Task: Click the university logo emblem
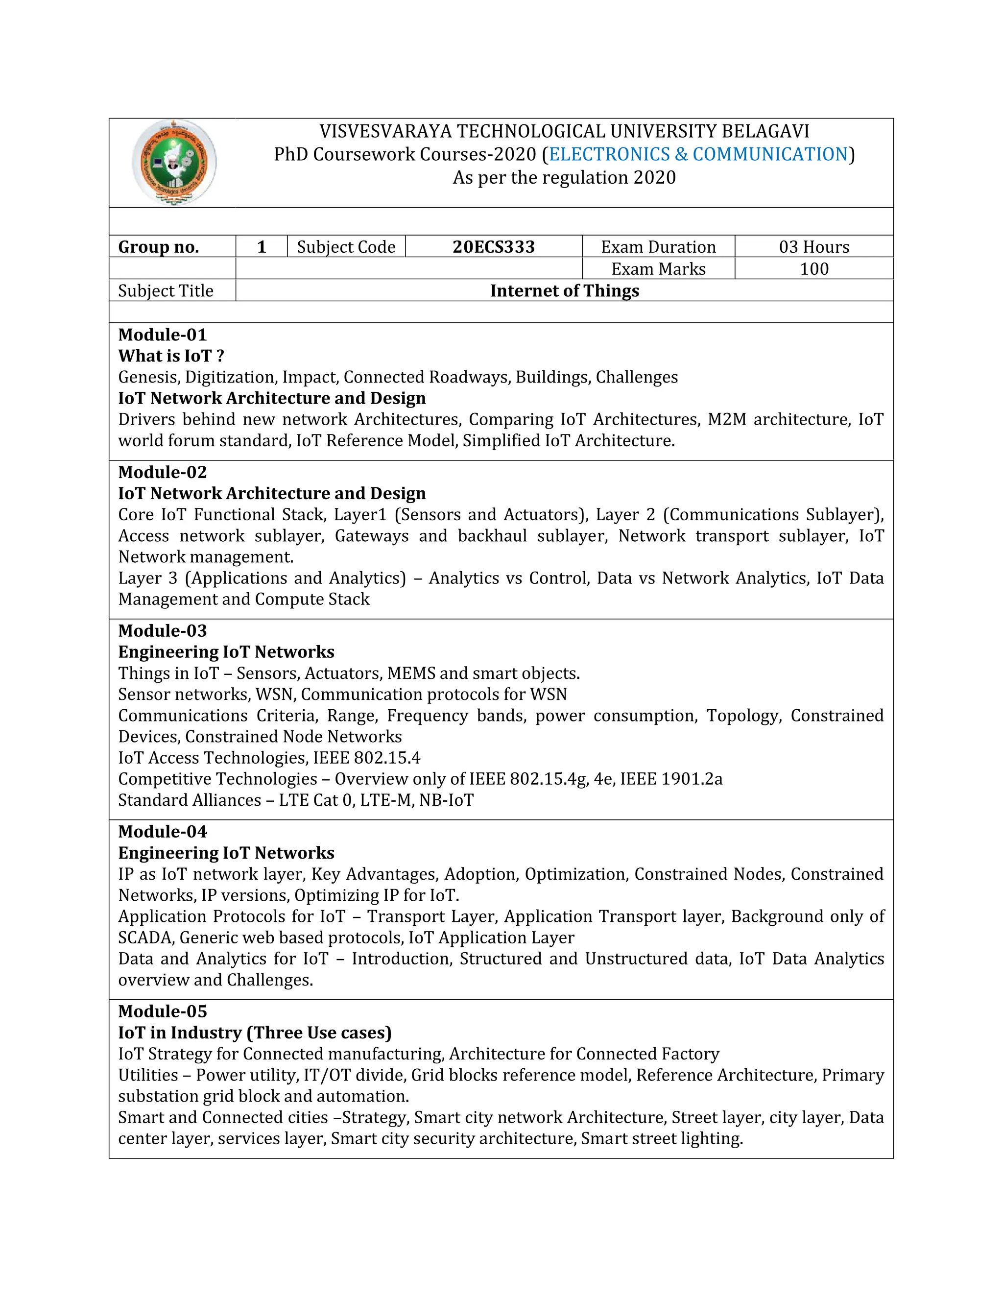[174, 162]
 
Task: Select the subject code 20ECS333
[493, 247]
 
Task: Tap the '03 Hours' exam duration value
[813, 247]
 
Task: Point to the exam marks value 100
[813, 268]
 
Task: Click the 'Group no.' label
[159, 247]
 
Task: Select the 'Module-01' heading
[162, 335]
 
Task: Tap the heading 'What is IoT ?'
[171, 356]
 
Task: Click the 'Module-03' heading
[162, 630]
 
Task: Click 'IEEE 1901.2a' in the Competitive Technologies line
[671, 779]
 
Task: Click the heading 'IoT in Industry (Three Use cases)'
[254, 1033]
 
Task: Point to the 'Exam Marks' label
[658, 268]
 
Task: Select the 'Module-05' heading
[162, 1011]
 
